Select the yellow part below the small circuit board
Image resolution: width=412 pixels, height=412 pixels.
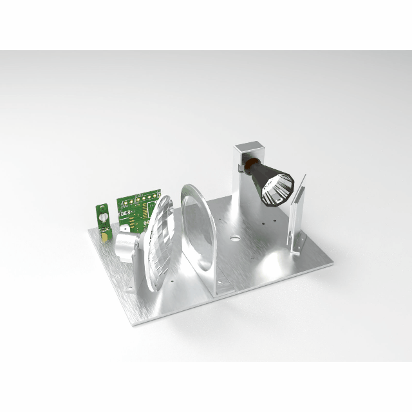click(x=104, y=236)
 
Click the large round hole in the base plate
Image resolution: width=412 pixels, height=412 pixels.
click(x=234, y=239)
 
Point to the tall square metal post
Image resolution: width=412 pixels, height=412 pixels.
click(x=241, y=187)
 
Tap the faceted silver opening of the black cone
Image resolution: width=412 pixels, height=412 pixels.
click(x=278, y=190)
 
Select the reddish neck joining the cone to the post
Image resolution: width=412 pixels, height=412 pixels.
click(x=243, y=168)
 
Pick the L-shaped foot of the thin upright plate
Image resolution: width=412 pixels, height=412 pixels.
click(x=295, y=248)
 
